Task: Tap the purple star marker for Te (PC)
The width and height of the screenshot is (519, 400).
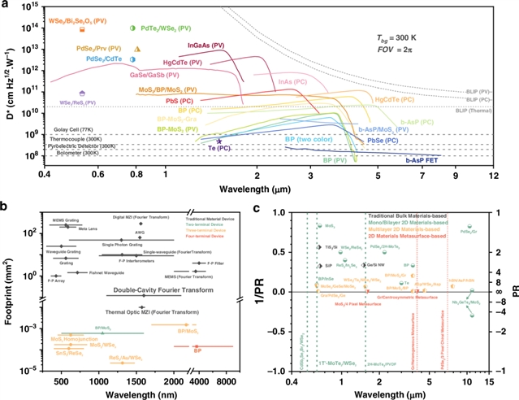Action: point(218,140)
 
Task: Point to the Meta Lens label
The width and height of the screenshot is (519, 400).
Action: point(89,230)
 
